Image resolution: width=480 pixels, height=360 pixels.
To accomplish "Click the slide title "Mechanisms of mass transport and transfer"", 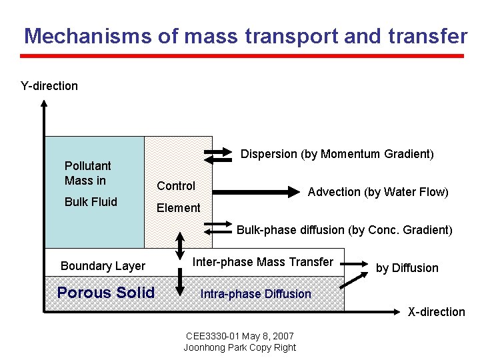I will coord(245,36).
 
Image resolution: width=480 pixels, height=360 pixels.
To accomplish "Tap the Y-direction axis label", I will coord(49,86).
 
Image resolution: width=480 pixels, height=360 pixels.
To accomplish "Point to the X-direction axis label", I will coord(436,312).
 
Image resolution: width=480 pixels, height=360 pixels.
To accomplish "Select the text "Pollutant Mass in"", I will coord(87,173).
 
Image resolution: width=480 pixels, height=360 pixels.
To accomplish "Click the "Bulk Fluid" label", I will coord(91,202).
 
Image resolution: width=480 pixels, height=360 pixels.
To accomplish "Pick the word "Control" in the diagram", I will coord(176,186).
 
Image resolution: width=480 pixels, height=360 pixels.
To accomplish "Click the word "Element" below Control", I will coord(178,208).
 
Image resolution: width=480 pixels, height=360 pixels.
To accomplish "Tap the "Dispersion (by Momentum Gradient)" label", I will coord(337,154).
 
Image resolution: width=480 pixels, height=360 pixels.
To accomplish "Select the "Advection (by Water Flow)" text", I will coord(378,192).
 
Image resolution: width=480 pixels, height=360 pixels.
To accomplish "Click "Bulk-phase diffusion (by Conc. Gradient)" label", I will coord(344,230).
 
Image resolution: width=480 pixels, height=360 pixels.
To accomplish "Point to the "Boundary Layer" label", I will coord(103,266).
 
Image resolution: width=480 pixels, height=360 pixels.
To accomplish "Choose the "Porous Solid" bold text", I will coord(106,293).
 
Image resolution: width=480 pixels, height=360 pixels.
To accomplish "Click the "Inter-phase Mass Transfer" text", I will coord(263,262).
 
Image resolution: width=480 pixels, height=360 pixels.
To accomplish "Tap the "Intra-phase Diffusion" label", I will coord(256,294).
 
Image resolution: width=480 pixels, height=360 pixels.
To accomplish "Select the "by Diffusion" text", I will coord(407,268).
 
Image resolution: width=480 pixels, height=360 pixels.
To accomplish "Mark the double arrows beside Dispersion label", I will coord(217,155).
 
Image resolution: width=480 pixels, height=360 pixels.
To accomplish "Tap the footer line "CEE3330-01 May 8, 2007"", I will coord(239,336).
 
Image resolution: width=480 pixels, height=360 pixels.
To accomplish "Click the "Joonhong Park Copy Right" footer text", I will coord(239,347).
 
